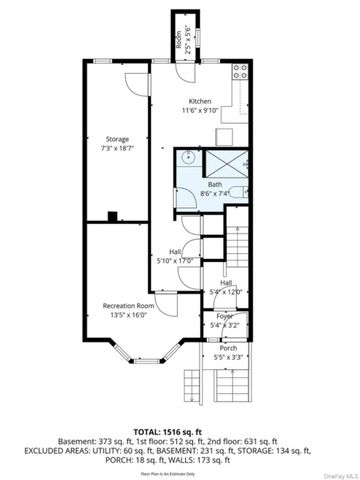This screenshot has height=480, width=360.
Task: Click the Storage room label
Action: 117,138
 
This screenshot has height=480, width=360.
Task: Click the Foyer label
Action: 224,316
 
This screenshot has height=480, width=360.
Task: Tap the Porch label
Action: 228,348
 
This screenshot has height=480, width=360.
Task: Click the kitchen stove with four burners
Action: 239,71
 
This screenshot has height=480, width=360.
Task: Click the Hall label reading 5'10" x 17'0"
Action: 174,256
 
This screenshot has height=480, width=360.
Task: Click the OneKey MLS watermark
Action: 338,474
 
